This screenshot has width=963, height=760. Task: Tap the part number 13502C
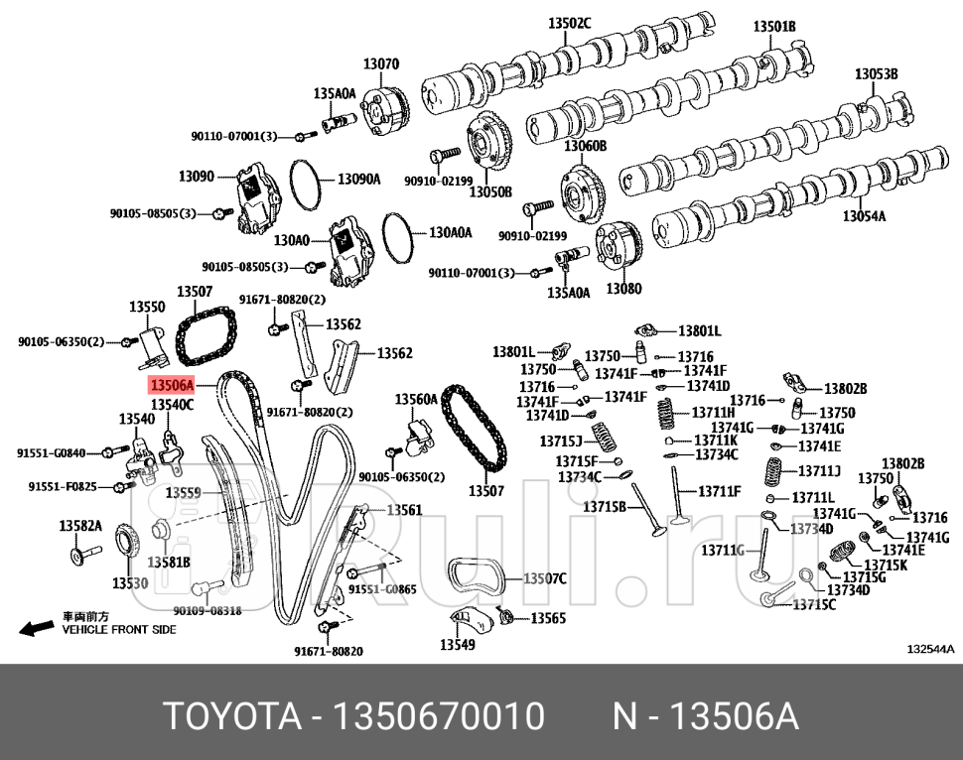pos(570,23)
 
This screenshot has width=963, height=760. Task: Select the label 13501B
pos(773,27)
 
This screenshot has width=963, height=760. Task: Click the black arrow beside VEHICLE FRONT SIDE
pos(37,628)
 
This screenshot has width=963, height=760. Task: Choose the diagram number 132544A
pos(929,649)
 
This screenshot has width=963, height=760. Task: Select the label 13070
pos(380,64)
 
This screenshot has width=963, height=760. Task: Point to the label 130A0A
pos(450,233)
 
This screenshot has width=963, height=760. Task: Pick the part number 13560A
pos(416,399)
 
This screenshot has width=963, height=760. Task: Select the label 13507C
pos(544,578)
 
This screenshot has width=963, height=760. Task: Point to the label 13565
pos(548,617)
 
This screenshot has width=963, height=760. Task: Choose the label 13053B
pos(876,74)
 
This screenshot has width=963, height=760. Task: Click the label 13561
pos(404,510)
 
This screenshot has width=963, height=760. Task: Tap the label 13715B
pos(604,507)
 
